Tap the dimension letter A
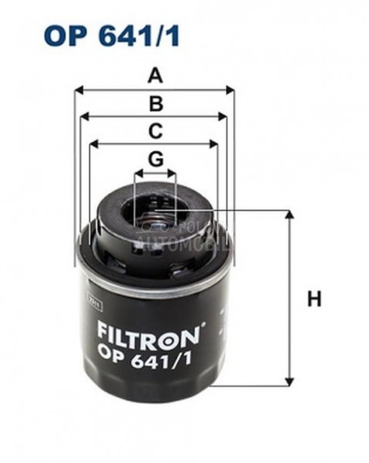point(156,76)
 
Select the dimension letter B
point(156,103)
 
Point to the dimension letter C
point(155,130)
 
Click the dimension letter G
point(155,159)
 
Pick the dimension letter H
point(313,299)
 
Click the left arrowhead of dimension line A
point(78,90)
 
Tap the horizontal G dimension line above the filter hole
point(155,174)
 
